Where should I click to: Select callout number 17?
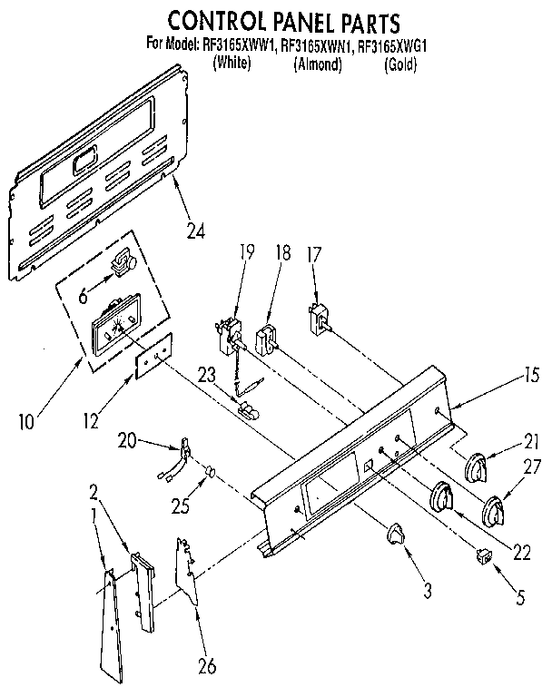(x=314, y=255)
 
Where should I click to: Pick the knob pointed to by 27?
(x=496, y=511)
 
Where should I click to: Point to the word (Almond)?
(x=317, y=65)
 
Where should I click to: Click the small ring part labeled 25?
(x=209, y=472)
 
